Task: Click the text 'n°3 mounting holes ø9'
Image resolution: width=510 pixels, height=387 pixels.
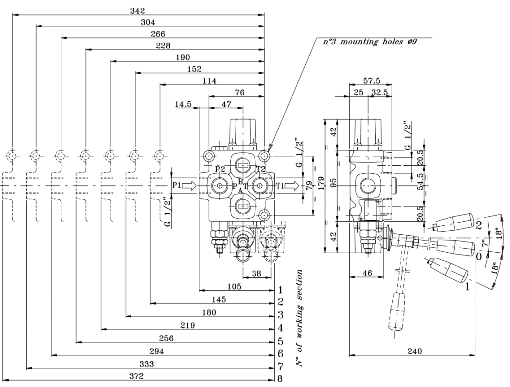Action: coord(370,42)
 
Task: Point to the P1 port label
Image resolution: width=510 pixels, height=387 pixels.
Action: coord(176,185)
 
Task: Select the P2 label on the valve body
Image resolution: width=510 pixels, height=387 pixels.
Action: coord(220,169)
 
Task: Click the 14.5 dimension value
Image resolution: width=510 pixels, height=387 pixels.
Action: coord(183,104)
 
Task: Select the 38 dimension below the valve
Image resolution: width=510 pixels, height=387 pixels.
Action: coord(257,273)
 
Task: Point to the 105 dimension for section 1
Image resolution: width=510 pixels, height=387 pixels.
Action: coord(234,286)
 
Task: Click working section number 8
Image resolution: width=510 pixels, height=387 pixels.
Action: coord(280,378)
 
